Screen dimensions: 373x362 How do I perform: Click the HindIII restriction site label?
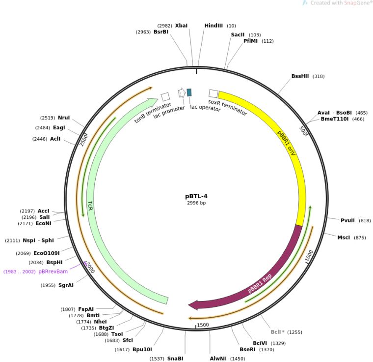pos(213,26)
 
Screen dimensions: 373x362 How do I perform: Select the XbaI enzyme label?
pos(181,26)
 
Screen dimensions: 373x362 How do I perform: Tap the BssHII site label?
pos(300,76)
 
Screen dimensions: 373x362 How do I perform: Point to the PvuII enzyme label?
pos(347,220)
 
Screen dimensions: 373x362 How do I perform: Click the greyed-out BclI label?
pos(277,332)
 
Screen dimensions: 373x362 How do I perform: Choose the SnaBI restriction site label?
pos(175,359)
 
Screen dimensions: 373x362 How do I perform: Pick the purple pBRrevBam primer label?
pos(53,271)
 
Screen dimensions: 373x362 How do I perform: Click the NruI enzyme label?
pos(64,118)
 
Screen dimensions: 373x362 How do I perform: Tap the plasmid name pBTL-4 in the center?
pos(196,196)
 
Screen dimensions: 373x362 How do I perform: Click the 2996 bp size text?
pos(196,203)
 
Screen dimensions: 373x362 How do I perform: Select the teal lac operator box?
pos(189,92)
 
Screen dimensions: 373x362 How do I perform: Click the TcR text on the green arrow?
pos(90,206)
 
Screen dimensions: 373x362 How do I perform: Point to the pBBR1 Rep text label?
pos(260,283)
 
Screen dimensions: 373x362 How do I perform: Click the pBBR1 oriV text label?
pos(287,143)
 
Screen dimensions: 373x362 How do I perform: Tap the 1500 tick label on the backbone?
pos(203,325)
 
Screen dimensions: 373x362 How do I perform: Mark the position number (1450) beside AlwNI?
pos(238,359)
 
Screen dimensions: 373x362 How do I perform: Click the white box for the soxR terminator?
pos(213,93)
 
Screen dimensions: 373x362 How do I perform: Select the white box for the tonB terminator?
pos(165,97)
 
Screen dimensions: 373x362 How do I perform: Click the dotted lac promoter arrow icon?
pos(182,92)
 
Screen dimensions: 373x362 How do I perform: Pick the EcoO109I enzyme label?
pos(47,253)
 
